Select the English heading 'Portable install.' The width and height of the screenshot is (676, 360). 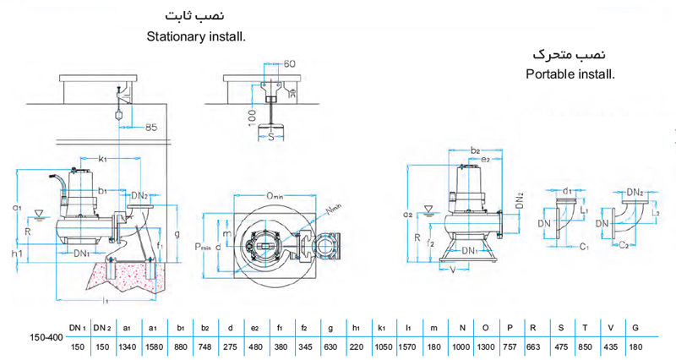coord(570,74)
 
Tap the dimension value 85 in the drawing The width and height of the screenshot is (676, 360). coord(150,128)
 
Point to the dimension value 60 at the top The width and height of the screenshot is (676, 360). coord(290,64)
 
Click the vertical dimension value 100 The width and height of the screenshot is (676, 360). coord(252,116)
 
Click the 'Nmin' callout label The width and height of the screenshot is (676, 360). coord(333,206)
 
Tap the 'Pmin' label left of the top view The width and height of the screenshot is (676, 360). coord(203,247)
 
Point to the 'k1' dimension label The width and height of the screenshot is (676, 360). coord(102,158)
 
